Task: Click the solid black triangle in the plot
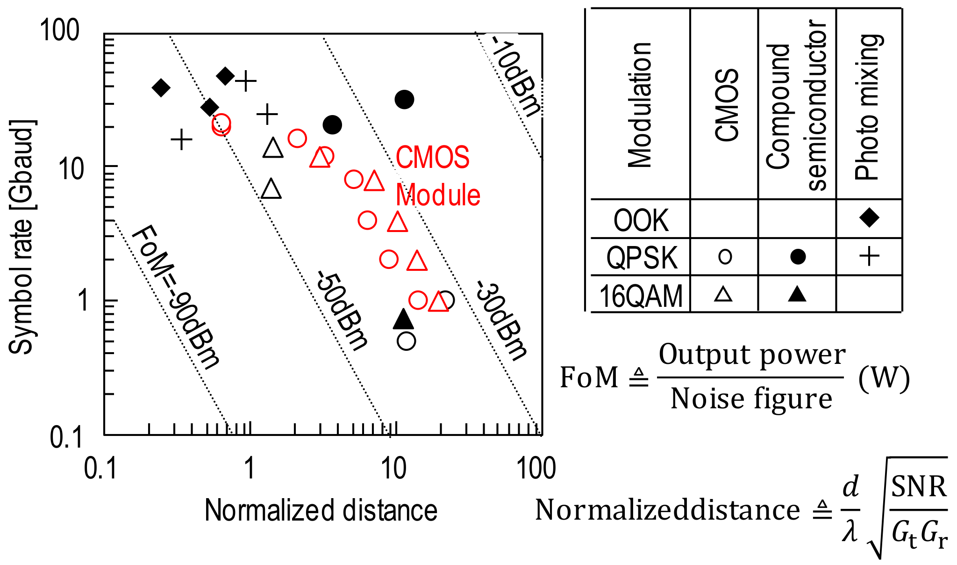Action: point(404,319)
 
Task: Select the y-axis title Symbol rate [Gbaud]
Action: point(21,237)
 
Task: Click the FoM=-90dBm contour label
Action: point(175,297)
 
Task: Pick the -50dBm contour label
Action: point(342,310)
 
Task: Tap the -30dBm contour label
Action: point(501,320)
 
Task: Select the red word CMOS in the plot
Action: point(432,158)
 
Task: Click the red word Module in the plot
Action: point(438,195)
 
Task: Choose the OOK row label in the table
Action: point(641,220)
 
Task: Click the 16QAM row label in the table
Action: point(641,296)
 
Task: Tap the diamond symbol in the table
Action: point(869,217)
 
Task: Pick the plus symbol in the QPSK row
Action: point(869,256)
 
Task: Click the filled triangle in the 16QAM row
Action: point(797,294)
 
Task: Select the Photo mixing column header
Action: point(869,107)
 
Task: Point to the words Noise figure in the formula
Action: point(751,399)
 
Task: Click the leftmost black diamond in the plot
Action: point(161,87)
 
